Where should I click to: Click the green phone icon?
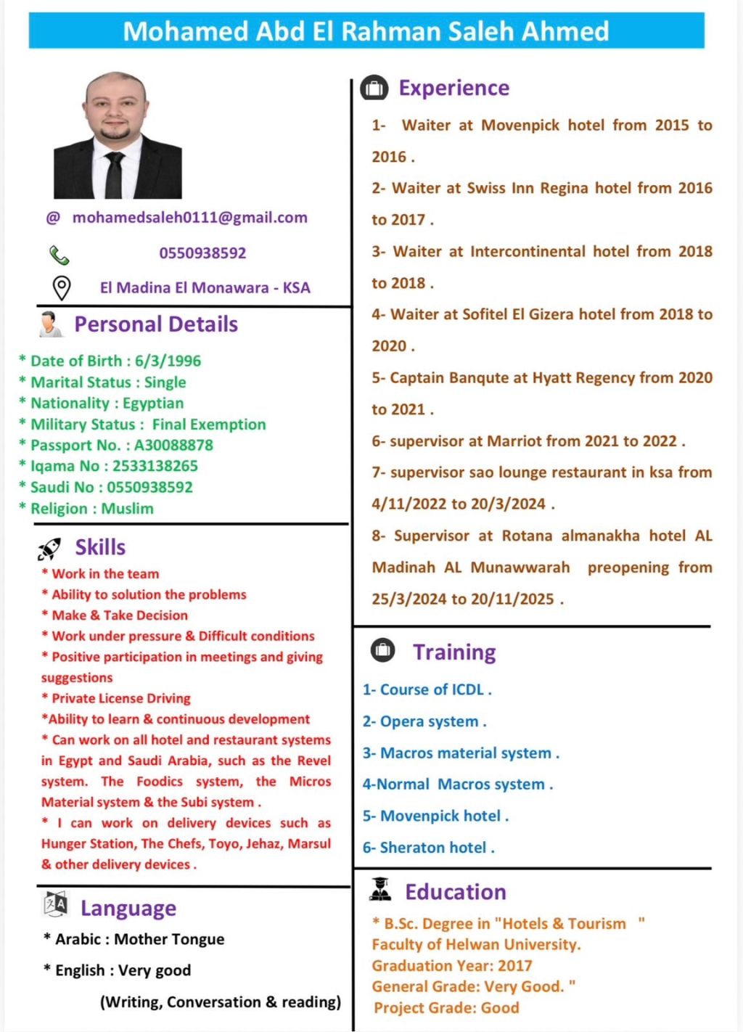[x=59, y=255]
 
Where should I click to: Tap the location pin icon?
[x=62, y=288]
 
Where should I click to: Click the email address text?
[x=189, y=218]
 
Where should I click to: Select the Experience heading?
[x=453, y=89]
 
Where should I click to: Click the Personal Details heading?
[x=156, y=324]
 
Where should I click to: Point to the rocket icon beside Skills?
[x=49, y=549]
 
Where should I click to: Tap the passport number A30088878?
[x=173, y=445]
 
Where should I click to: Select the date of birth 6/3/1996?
[x=168, y=361]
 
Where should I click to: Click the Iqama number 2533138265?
[x=155, y=466]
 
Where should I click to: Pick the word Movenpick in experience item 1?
[x=520, y=126]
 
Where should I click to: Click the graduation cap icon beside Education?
[x=380, y=889]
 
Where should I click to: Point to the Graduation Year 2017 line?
[x=452, y=966]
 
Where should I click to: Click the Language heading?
[x=128, y=909]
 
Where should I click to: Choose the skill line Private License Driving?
[x=120, y=699]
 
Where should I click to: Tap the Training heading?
[x=454, y=652]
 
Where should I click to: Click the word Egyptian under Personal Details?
[x=153, y=403]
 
